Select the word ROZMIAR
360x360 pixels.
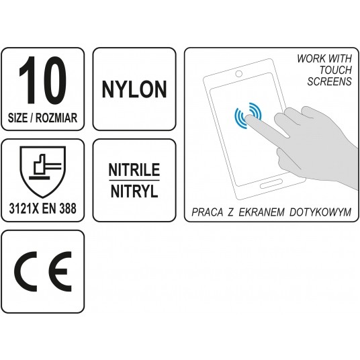(x=58, y=118)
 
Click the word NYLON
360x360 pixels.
(x=134, y=88)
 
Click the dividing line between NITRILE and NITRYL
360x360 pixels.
(x=134, y=181)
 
